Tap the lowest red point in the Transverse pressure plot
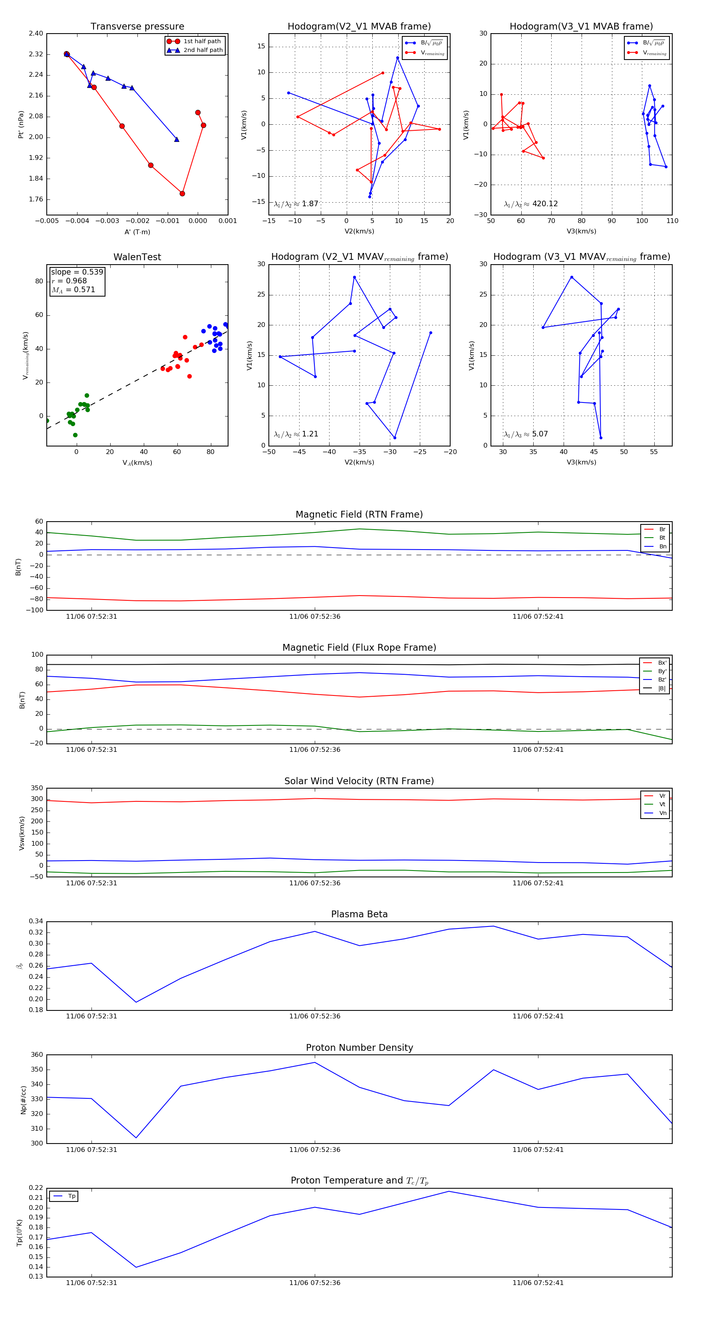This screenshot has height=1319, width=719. tap(182, 193)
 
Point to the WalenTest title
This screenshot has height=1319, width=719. tap(137, 257)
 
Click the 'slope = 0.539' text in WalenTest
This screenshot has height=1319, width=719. tap(77, 272)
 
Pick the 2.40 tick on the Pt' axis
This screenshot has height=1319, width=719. tap(36, 34)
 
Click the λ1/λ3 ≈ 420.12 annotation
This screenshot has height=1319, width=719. tap(531, 204)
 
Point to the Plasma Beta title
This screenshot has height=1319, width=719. tap(359, 914)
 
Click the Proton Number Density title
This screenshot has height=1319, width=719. tap(359, 1048)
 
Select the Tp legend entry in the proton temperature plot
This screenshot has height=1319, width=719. tap(71, 1196)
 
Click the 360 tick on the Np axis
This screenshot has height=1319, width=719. tap(37, 1055)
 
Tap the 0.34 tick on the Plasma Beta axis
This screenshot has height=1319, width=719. tap(36, 921)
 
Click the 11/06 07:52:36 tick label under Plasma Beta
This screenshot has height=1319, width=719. tap(314, 1016)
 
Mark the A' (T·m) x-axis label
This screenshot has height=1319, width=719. tap(137, 232)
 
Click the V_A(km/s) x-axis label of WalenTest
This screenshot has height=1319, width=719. tap(137, 463)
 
